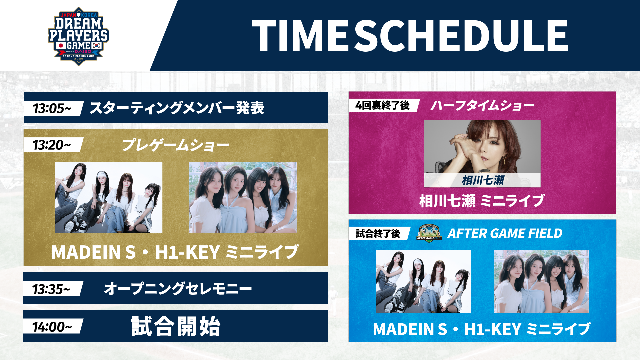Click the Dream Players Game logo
pos(79,36)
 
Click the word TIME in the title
pos(300,35)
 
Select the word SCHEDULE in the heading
pos(461,35)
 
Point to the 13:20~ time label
pos(52,145)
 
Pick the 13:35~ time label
pos(51,289)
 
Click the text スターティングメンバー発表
pos(177,108)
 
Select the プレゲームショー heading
pos(175,145)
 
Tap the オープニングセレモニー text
pos(178,289)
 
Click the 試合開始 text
pos(176,326)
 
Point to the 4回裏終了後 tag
pos(382,105)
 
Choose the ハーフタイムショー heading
pos(482,106)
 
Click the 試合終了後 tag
pos(378,233)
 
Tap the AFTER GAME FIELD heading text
pos(505,233)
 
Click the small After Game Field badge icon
pos(429,233)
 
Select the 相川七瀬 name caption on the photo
pos(483,180)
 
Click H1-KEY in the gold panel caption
pos(187,252)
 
